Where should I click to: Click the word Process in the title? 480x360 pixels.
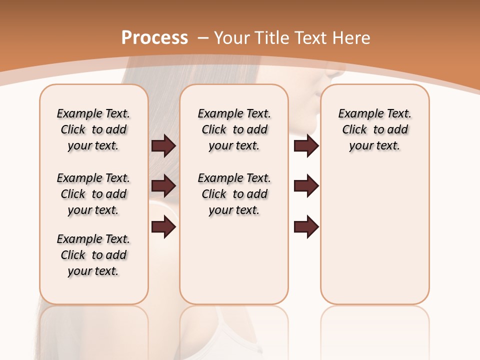[x=154, y=37]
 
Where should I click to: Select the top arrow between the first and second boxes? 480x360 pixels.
[x=163, y=146]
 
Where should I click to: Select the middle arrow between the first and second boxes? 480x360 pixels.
[x=163, y=186]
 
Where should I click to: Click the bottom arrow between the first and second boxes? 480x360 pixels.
[x=163, y=227]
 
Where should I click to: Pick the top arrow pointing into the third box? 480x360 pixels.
[x=306, y=146]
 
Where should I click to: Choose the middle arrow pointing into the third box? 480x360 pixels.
[x=306, y=186]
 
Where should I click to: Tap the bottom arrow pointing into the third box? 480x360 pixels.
[x=306, y=227]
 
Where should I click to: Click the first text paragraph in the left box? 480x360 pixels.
[x=93, y=129]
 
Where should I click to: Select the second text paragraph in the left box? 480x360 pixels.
[x=93, y=194]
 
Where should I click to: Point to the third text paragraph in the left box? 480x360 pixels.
[x=93, y=255]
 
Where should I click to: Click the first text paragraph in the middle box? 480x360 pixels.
[x=234, y=129]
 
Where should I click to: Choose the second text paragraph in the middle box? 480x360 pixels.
[x=234, y=194]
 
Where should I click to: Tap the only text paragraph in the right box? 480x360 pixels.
[x=374, y=129]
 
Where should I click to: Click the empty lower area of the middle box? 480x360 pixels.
[x=234, y=260]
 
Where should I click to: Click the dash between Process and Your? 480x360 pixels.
[x=202, y=38]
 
